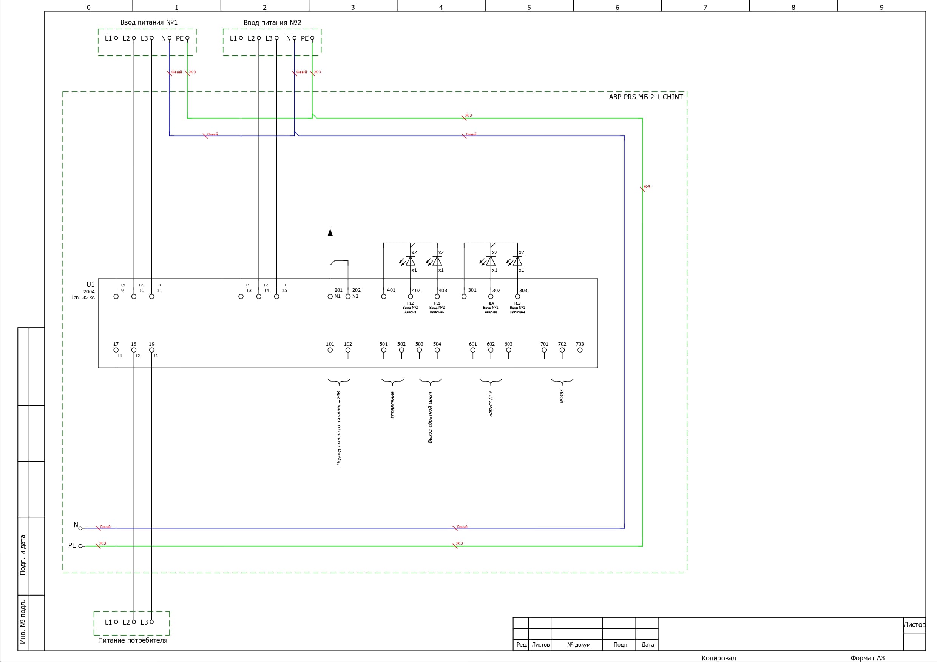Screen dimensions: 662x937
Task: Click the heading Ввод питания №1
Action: pos(148,22)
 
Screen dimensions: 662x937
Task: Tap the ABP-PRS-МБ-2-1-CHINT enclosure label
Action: pos(645,97)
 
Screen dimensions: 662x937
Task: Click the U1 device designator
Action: pos(90,285)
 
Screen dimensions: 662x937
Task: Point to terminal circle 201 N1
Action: pos(330,297)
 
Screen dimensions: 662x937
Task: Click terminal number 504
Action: pos(437,344)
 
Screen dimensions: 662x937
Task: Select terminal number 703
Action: pos(579,344)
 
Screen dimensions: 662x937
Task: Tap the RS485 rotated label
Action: pos(562,396)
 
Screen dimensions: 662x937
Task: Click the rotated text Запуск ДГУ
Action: pos(491,403)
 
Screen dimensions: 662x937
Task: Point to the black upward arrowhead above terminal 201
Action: pos(330,232)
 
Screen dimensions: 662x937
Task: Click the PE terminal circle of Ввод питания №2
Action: pos(312,38)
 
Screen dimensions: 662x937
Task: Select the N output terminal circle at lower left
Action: pos(80,528)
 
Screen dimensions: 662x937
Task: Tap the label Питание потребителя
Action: pos(133,640)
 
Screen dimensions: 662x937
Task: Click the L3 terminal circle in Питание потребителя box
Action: pos(152,622)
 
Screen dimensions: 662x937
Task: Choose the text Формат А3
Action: pos(867,658)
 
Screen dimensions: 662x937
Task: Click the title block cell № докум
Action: pos(578,645)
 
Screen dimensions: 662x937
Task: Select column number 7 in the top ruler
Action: pos(705,7)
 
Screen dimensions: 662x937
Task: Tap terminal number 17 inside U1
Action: pos(116,344)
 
